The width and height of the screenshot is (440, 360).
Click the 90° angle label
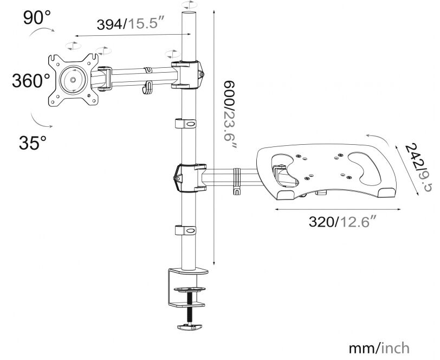pos(37,18)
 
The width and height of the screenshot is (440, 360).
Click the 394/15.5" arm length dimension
pos(130,25)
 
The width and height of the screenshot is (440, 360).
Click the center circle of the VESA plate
pos(72,79)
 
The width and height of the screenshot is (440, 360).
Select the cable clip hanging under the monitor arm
pos(146,88)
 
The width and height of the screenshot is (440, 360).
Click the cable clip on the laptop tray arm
pos(236,181)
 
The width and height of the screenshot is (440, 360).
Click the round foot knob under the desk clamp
pos(189,326)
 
